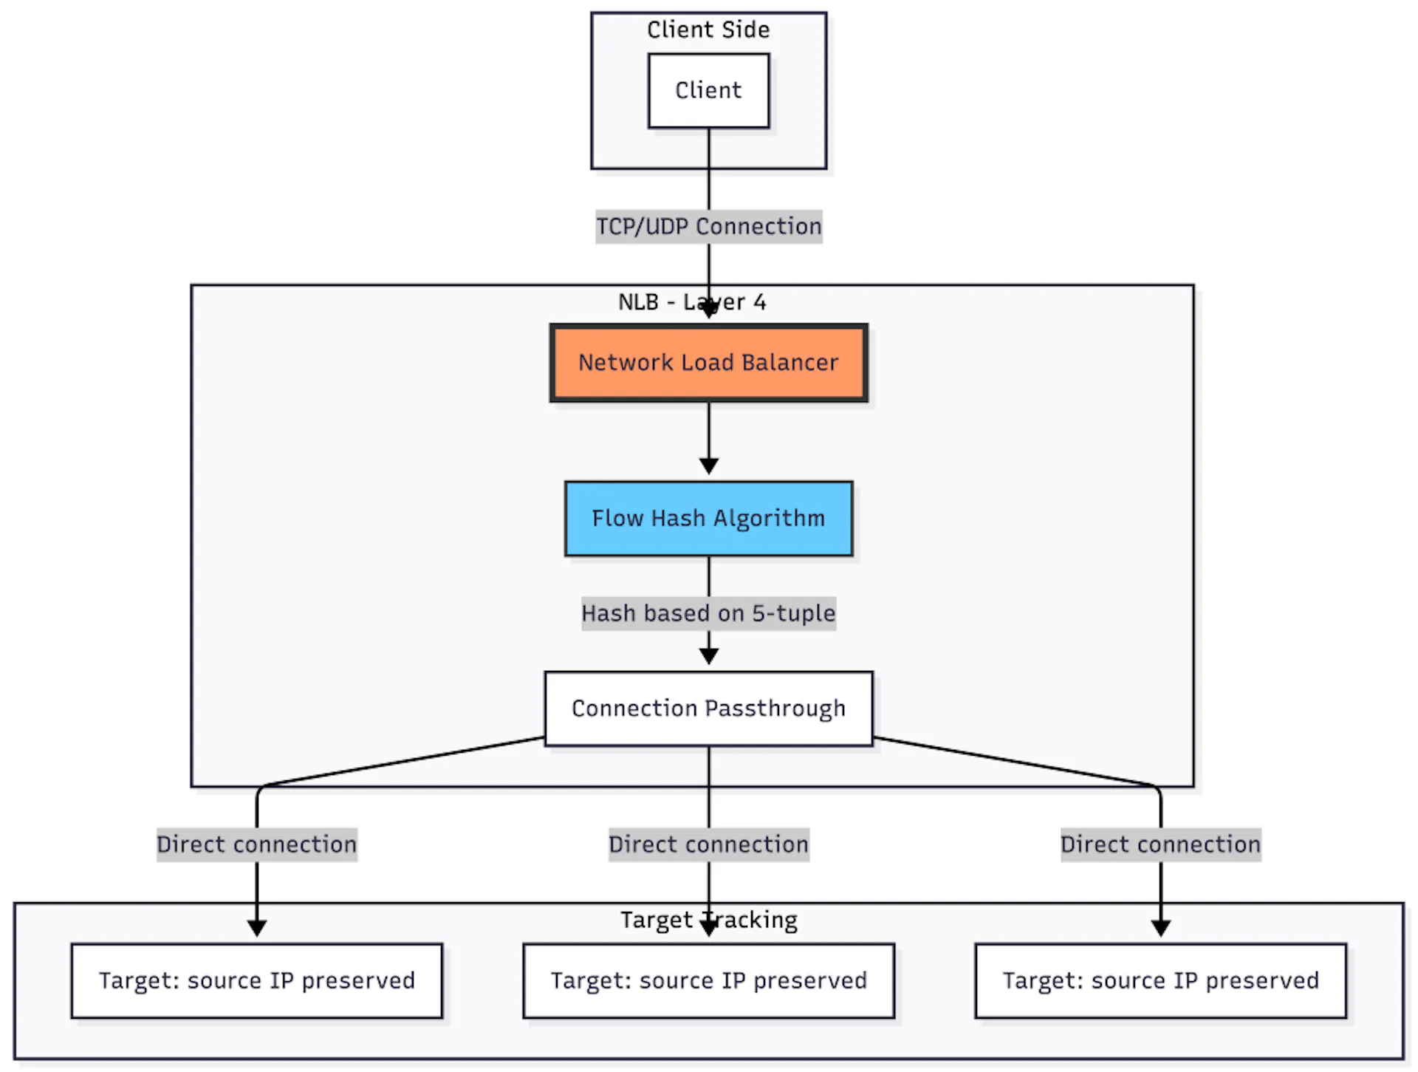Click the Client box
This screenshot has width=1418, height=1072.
[x=708, y=90]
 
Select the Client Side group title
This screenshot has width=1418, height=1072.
[x=708, y=30]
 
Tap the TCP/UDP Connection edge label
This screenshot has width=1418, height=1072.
[x=708, y=226]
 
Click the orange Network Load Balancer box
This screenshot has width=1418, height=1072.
[x=708, y=363]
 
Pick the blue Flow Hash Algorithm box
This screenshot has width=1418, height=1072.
[x=708, y=519]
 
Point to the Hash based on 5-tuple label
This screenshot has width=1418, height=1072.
[x=708, y=613]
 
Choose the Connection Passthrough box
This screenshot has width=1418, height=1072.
[x=708, y=709]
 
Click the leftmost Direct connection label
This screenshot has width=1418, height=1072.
[x=256, y=844]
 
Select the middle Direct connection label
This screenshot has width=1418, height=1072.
[x=708, y=844]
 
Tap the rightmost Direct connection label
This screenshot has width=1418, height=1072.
[x=1160, y=844]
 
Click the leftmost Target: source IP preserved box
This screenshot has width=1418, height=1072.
[x=256, y=981]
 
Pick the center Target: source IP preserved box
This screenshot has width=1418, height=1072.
[x=708, y=981]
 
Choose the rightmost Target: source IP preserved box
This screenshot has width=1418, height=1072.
[x=1160, y=981]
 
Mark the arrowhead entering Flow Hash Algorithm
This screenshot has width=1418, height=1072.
[x=709, y=466]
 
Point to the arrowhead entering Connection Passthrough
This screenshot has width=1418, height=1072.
[x=709, y=656]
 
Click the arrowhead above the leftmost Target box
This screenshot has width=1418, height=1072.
[x=257, y=928]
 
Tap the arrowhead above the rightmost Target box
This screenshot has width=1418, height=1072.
[x=1161, y=928]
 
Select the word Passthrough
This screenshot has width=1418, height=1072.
[x=775, y=709]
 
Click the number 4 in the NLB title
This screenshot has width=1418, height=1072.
[x=759, y=302]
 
